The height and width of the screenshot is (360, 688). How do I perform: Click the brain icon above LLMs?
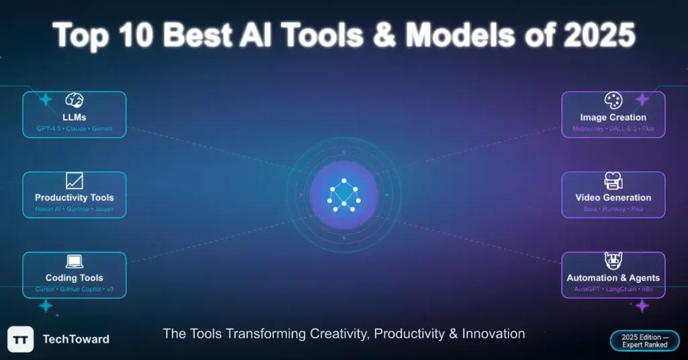tap(74, 101)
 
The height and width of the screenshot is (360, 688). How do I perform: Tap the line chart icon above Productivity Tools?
tap(74, 181)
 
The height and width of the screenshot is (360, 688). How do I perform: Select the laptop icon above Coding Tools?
tap(74, 261)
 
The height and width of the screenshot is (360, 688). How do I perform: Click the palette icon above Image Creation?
tap(613, 101)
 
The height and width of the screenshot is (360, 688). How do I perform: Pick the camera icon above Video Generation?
tap(613, 181)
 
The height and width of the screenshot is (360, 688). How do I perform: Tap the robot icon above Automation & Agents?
tap(613, 261)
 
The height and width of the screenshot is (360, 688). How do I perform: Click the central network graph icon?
tap(344, 194)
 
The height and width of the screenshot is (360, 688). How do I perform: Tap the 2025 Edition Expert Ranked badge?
tap(644, 341)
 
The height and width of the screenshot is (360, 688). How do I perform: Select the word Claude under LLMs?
tap(76, 128)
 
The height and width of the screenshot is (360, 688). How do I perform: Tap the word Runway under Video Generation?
tap(613, 209)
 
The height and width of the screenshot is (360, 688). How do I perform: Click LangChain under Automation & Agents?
tap(619, 289)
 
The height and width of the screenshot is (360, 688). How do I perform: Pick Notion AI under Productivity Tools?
tap(48, 209)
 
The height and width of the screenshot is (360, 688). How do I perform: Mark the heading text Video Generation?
tap(613, 197)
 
